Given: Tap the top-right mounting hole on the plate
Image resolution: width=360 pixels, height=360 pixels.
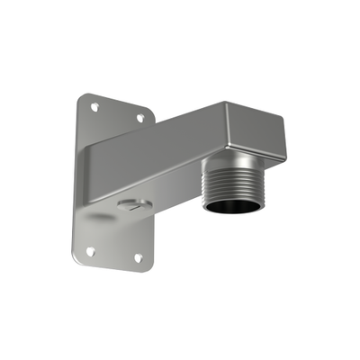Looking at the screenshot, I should pyautogui.click(x=140, y=117).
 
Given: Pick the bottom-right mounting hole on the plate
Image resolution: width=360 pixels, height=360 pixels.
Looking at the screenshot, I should pyautogui.click(x=138, y=257).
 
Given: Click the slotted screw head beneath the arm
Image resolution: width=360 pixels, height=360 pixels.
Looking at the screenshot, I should pyautogui.click(x=131, y=204).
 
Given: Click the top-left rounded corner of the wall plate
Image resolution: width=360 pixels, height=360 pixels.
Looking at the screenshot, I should pyautogui.click(x=81, y=95).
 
